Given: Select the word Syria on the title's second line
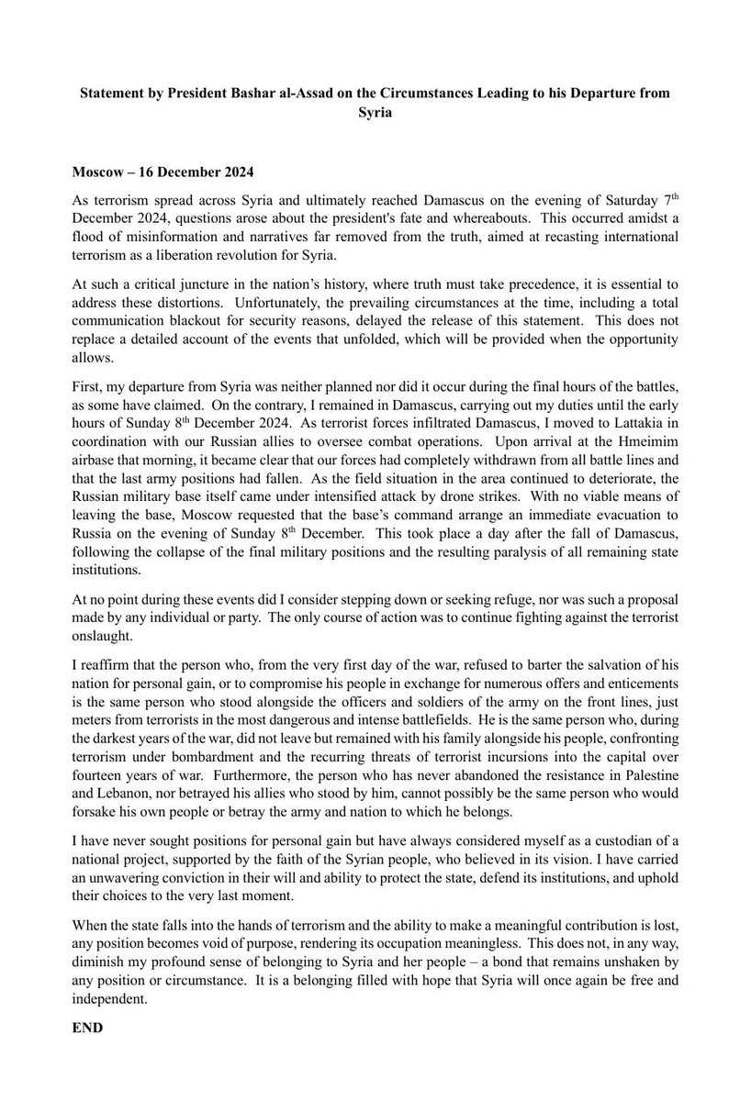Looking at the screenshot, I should [370, 113].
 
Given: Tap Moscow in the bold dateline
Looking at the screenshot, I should [97, 172].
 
